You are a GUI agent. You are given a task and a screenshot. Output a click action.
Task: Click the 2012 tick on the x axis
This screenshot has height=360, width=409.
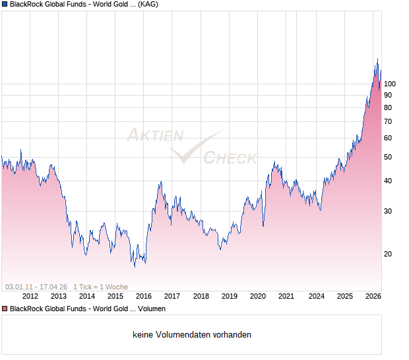point(29,296)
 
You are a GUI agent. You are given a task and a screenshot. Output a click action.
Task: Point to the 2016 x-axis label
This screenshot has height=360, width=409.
point(143,296)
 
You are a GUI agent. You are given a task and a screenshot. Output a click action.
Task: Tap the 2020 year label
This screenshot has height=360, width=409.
point(258,296)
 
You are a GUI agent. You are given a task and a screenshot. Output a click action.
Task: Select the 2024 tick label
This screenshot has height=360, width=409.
point(317,296)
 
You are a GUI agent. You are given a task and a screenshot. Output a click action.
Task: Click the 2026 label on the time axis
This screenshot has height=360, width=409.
point(373,296)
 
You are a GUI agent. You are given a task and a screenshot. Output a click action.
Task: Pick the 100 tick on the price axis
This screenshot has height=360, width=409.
point(390,84)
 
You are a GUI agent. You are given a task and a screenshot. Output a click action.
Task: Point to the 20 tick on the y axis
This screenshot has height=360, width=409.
point(388,254)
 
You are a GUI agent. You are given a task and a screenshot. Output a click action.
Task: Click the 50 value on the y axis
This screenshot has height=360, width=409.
point(388,157)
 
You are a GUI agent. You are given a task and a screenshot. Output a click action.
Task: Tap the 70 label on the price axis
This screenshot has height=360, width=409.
point(388,121)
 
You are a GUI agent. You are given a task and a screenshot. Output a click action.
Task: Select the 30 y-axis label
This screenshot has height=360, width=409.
point(388,211)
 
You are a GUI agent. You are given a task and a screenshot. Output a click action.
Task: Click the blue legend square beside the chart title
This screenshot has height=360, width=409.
point(5,4)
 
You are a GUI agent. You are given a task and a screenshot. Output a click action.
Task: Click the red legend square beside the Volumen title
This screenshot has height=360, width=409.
point(5,309)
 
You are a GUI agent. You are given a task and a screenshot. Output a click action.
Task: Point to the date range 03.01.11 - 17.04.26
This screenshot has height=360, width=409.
point(36,287)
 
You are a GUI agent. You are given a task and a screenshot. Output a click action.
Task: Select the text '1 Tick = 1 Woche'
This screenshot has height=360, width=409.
point(100,287)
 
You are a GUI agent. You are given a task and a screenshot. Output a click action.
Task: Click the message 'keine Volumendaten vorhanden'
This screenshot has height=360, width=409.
point(192,335)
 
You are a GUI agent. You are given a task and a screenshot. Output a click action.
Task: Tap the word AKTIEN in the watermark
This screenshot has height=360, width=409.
point(155,136)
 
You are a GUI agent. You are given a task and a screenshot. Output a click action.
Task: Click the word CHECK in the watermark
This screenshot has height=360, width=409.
point(230,158)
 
